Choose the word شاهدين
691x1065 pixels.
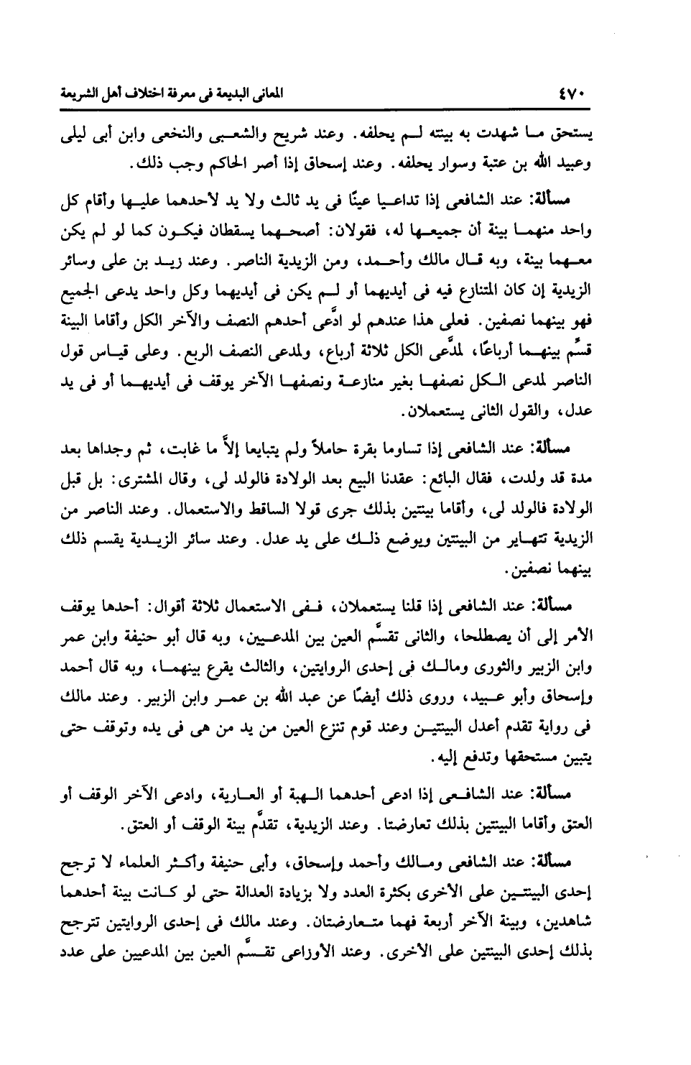(x=567, y=916)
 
